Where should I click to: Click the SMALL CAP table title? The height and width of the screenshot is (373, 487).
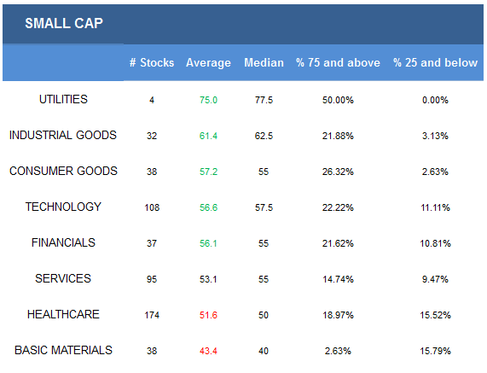click(x=64, y=23)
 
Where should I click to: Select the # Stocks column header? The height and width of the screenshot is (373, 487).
click(x=152, y=63)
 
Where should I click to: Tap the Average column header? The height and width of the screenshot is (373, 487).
click(x=208, y=63)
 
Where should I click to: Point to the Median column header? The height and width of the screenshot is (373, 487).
click(x=264, y=63)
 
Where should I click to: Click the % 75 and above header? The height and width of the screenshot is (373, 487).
click(x=338, y=63)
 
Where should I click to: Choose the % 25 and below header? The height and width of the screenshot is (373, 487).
click(x=435, y=63)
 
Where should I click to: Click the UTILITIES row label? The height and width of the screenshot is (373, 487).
click(x=63, y=100)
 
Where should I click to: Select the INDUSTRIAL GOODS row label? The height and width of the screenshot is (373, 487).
click(x=63, y=135)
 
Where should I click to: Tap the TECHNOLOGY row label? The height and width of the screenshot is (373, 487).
click(x=63, y=207)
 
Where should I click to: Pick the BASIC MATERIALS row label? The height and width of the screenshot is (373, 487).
click(x=63, y=350)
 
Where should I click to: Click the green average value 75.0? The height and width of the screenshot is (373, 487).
click(x=208, y=100)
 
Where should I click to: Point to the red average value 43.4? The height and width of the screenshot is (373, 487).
click(x=208, y=351)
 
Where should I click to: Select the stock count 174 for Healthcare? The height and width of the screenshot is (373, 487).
click(x=152, y=315)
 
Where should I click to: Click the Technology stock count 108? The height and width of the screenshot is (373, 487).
click(x=152, y=207)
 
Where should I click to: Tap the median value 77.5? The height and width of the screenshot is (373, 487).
click(x=264, y=100)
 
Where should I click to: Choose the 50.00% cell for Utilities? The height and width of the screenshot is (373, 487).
click(x=338, y=100)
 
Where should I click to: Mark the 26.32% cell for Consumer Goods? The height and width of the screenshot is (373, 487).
click(x=338, y=172)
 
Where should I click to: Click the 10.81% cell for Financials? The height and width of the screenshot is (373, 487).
click(x=435, y=243)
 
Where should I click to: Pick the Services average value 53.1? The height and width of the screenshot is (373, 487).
click(x=208, y=279)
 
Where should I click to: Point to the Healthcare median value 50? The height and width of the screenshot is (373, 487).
click(x=264, y=315)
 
